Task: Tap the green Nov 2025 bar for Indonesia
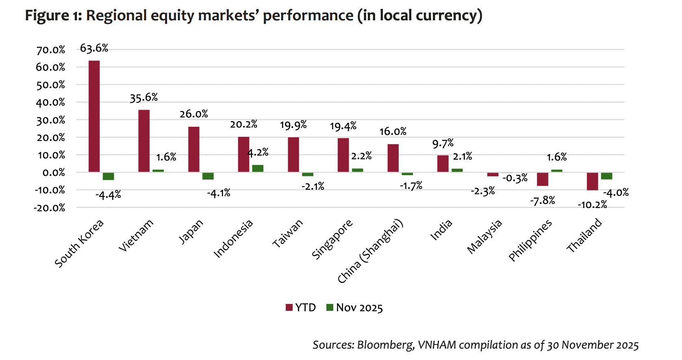click(x=258, y=169)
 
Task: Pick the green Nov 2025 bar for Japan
click(x=208, y=176)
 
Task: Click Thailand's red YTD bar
click(x=592, y=181)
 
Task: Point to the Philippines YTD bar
click(x=543, y=179)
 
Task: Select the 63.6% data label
click(x=94, y=48)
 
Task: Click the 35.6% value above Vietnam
click(x=143, y=98)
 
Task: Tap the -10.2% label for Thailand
click(x=592, y=205)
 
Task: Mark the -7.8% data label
click(x=543, y=201)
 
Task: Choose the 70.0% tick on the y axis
click(x=51, y=50)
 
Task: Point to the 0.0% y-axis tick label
click(x=54, y=173)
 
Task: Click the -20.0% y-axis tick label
click(x=50, y=208)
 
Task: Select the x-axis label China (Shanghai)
click(x=370, y=252)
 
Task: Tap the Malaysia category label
click(x=484, y=237)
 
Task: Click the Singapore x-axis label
click(x=332, y=240)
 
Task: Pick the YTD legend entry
click(x=301, y=308)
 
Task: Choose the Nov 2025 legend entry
click(x=355, y=308)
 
